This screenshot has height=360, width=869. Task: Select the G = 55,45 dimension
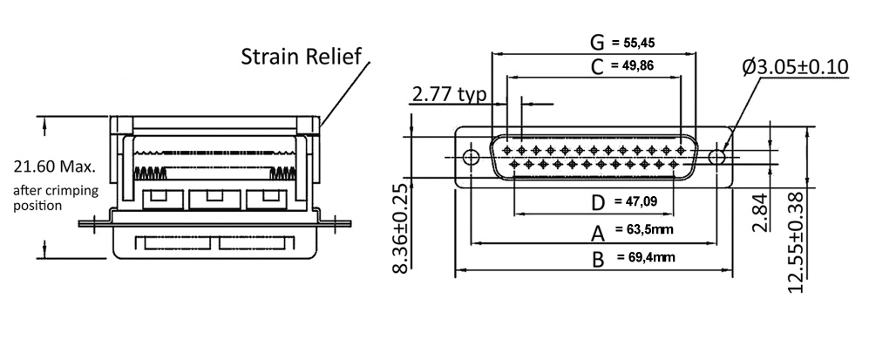click(624, 42)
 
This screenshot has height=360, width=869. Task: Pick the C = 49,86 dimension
click(623, 65)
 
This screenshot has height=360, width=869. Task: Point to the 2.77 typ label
click(448, 94)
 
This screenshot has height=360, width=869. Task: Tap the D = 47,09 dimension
click(624, 202)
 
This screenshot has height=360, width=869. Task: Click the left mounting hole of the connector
click(471, 157)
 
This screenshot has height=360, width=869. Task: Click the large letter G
click(597, 42)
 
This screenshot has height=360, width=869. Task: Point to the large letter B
click(598, 259)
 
